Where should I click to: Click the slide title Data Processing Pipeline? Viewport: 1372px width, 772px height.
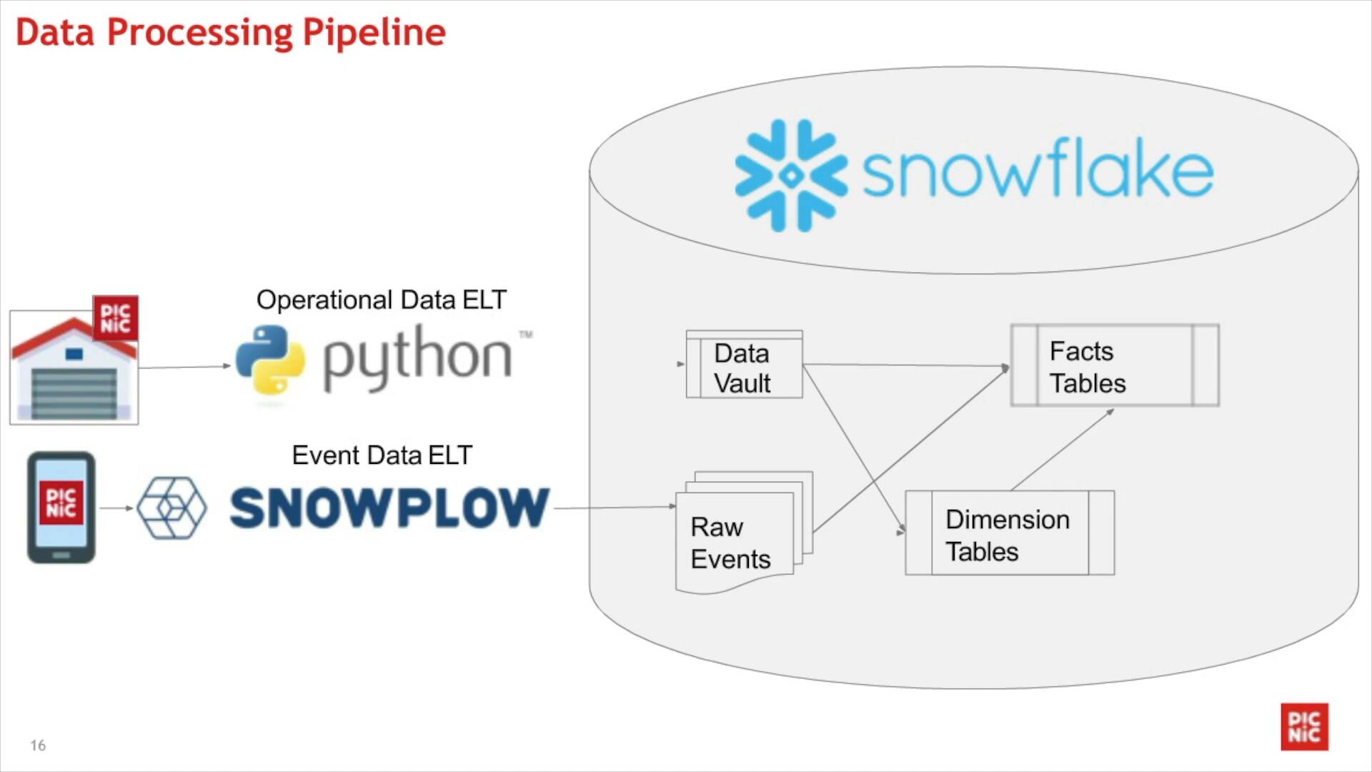pyautogui.click(x=231, y=33)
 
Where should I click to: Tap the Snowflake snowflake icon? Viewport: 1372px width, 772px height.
pyautogui.click(x=791, y=175)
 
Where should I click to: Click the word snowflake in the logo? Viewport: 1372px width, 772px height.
pyautogui.click(x=1038, y=168)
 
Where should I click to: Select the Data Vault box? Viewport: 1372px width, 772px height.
pyautogui.click(x=744, y=364)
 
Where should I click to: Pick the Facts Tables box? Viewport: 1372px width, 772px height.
pyautogui.click(x=1115, y=365)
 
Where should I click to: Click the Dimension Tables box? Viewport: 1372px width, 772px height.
pyautogui.click(x=1010, y=533)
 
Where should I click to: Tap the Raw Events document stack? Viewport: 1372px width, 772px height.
pyautogui.click(x=744, y=533)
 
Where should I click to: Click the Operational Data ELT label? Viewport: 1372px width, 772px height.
pyautogui.click(x=382, y=300)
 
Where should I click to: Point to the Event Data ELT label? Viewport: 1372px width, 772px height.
pyautogui.click(x=382, y=455)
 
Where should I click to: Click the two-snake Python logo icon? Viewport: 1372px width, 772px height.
pyautogui.click(x=270, y=360)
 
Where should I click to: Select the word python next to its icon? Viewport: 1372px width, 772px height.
pyautogui.click(x=418, y=357)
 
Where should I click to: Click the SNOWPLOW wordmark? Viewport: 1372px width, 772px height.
pyautogui.click(x=389, y=508)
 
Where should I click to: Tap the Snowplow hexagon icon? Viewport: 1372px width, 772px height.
pyautogui.click(x=171, y=508)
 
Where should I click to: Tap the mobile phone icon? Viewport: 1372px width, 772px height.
pyautogui.click(x=61, y=508)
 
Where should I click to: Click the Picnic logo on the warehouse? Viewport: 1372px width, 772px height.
pyautogui.click(x=115, y=319)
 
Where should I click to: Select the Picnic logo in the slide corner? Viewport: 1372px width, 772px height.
pyautogui.click(x=1304, y=727)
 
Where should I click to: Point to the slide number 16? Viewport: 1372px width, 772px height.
pyautogui.click(x=38, y=746)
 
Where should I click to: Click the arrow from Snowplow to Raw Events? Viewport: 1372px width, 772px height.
pyautogui.click(x=615, y=508)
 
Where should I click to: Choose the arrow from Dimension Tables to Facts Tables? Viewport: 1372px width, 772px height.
pyautogui.click(x=1063, y=450)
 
